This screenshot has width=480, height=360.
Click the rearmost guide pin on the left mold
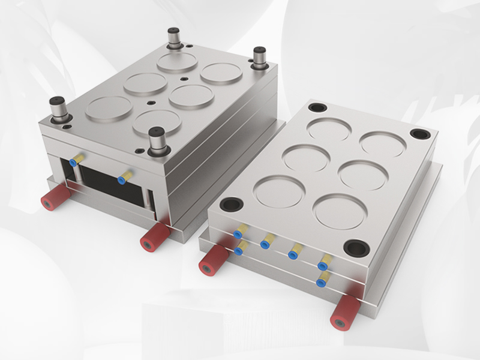[x=174, y=37]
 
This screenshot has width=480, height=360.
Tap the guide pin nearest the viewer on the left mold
[x=157, y=139]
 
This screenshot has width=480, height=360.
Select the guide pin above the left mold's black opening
[x=60, y=108]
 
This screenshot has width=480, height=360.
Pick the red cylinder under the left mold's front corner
[x=152, y=236]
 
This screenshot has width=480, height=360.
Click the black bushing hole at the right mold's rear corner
[x=317, y=108]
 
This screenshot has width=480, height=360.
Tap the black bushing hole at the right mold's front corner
[x=355, y=246]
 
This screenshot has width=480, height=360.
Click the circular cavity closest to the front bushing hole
[x=340, y=211]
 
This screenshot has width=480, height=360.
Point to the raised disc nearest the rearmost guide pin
[x=178, y=61]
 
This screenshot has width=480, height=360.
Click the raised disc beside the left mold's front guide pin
[x=157, y=121]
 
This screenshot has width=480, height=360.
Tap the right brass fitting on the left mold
[x=125, y=177]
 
